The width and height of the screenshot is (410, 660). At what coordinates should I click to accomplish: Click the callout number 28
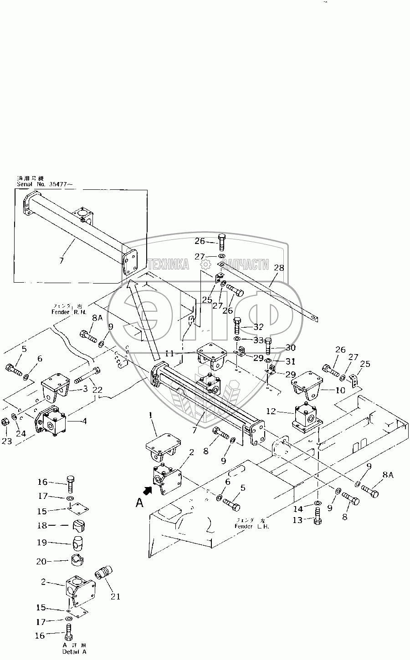(x=279, y=268)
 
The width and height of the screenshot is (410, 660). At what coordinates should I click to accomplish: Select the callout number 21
(x=115, y=596)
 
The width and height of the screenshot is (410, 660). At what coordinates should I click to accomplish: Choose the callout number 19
(x=42, y=543)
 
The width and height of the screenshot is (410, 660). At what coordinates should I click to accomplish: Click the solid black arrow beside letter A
(x=148, y=491)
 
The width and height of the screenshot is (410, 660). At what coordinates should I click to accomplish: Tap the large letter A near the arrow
(x=141, y=503)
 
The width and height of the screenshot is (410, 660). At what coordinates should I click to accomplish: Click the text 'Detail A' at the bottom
(x=74, y=652)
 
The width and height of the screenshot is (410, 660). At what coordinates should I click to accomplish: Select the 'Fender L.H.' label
(x=252, y=526)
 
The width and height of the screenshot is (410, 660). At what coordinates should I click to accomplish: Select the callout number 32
(x=258, y=327)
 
